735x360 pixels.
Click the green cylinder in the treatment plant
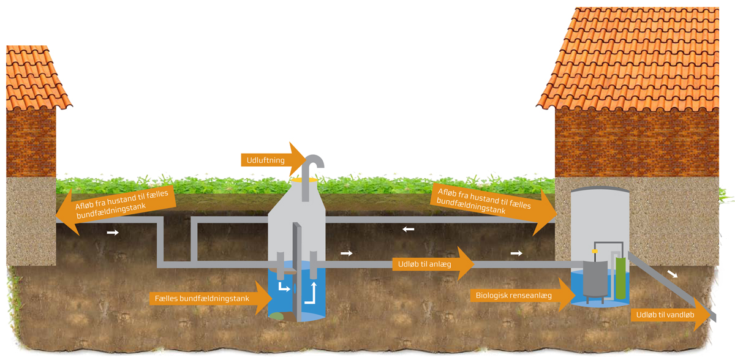pyautogui.click(x=621, y=279)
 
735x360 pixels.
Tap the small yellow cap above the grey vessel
pyautogui.click(x=594, y=251)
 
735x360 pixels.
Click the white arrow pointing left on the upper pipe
pyautogui.click(x=408, y=230)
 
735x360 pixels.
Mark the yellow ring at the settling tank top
pyautogui.click(x=304, y=180)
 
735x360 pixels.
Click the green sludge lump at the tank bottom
pyautogui.click(x=277, y=317)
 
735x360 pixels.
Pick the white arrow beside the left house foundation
pyautogui.click(x=113, y=233)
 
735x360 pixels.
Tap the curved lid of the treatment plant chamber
pyautogui.click(x=600, y=188)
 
